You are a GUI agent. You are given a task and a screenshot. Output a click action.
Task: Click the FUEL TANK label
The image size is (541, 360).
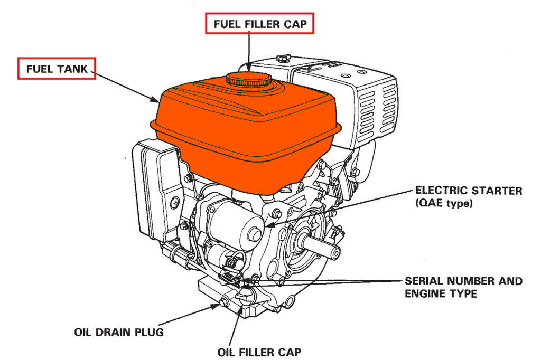(57, 69)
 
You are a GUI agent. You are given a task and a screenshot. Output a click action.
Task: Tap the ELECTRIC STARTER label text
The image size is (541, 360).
(468, 191)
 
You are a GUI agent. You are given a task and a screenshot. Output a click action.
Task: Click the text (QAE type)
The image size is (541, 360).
(444, 203)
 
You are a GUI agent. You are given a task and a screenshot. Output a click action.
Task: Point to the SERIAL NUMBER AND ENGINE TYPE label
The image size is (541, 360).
(463, 287)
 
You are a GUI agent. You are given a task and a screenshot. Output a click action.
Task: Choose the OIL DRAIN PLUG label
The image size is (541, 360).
(118, 333)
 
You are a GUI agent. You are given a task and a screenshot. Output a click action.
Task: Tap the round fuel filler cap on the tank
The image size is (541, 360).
(249, 80)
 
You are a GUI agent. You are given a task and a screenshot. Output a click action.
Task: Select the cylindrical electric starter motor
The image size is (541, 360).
(235, 222)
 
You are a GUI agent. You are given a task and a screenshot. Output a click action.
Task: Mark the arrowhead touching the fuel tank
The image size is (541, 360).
(156, 100)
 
